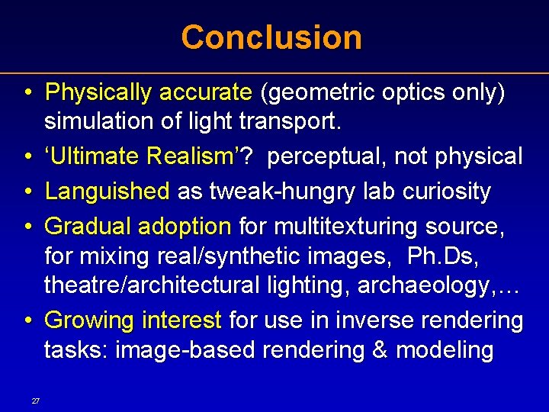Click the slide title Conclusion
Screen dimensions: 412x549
click(x=271, y=37)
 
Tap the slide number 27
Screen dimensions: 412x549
click(x=36, y=401)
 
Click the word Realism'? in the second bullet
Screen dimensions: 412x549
click(x=210, y=156)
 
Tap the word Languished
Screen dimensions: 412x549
click(x=108, y=192)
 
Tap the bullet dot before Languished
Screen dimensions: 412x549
click(x=27, y=192)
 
